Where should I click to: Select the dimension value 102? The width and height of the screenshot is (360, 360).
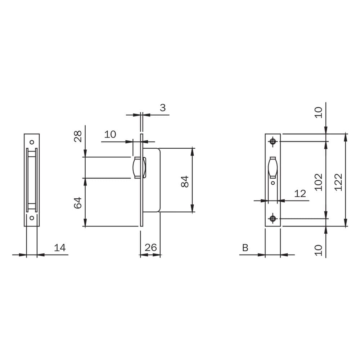coord(319,182)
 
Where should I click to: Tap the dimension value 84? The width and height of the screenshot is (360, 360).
coord(185,181)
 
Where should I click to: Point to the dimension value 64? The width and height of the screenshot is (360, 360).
coord(78,203)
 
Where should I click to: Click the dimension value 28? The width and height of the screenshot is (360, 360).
coord(78,136)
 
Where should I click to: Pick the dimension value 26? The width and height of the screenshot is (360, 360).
coord(151,248)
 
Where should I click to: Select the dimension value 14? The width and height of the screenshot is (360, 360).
coord(60,248)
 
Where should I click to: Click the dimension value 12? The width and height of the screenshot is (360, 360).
coord(300,194)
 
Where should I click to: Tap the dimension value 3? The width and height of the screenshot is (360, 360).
coord(163,107)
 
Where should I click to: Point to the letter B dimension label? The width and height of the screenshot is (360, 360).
coord(245,248)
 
